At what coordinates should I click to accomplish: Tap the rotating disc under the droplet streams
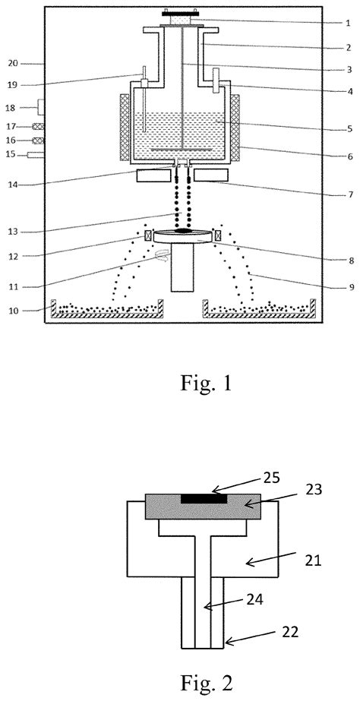tap(183, 237)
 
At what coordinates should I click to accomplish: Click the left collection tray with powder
tap(106, 310)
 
